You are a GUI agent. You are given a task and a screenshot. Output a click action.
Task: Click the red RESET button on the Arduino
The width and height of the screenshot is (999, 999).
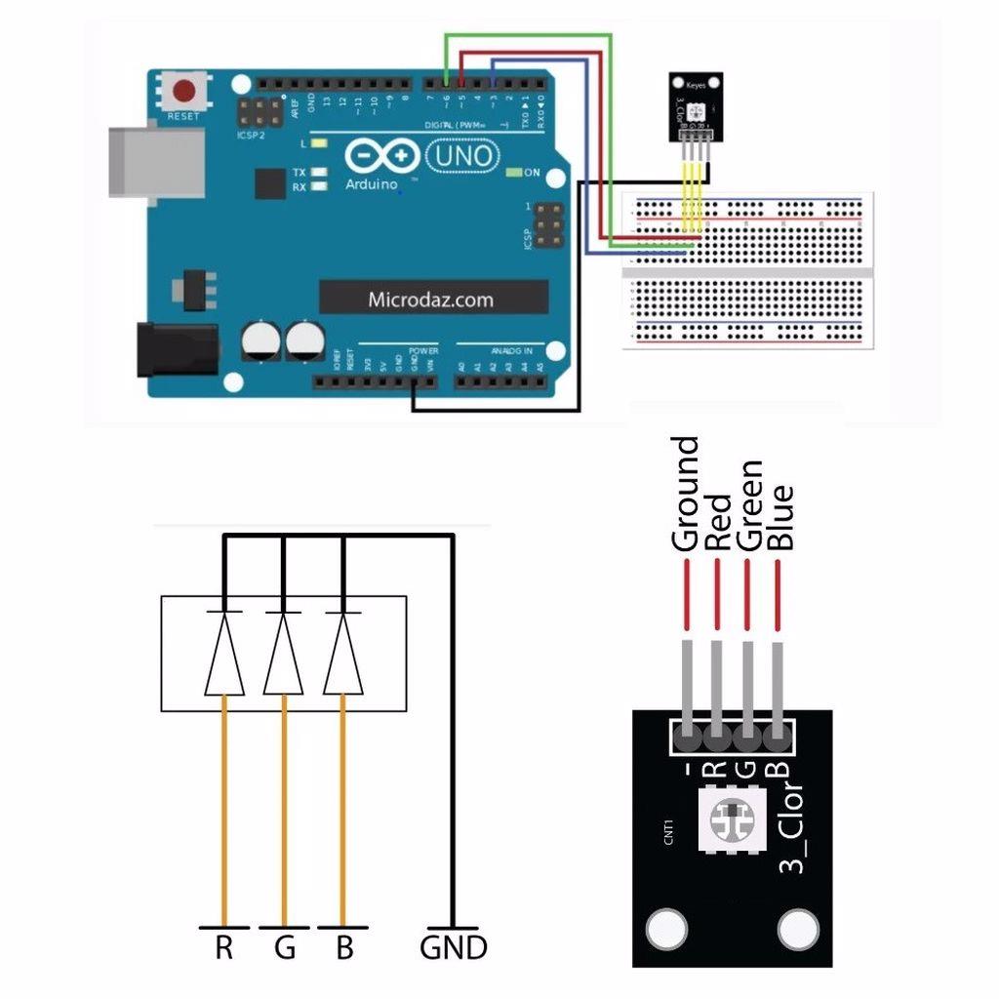point(183,93)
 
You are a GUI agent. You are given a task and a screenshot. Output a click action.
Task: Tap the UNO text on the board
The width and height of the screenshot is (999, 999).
point(463,155)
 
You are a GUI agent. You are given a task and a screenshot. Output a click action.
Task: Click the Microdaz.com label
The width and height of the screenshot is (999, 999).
point(431,300)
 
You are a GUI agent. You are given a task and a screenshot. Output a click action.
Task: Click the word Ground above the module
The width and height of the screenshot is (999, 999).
point(686,494)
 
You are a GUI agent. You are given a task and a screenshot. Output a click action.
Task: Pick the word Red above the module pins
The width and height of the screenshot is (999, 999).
point(718,522)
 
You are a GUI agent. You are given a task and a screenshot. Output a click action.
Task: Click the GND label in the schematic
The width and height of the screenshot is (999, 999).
point(453,947)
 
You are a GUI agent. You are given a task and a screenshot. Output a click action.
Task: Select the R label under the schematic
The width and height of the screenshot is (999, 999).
point(224,947)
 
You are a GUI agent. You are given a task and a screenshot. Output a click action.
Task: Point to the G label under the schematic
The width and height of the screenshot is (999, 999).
point(284,947)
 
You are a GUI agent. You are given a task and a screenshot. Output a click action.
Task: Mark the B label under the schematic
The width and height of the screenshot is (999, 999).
point(343,947)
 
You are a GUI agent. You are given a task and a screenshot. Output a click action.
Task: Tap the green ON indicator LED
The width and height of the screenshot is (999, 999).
point(514,173)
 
